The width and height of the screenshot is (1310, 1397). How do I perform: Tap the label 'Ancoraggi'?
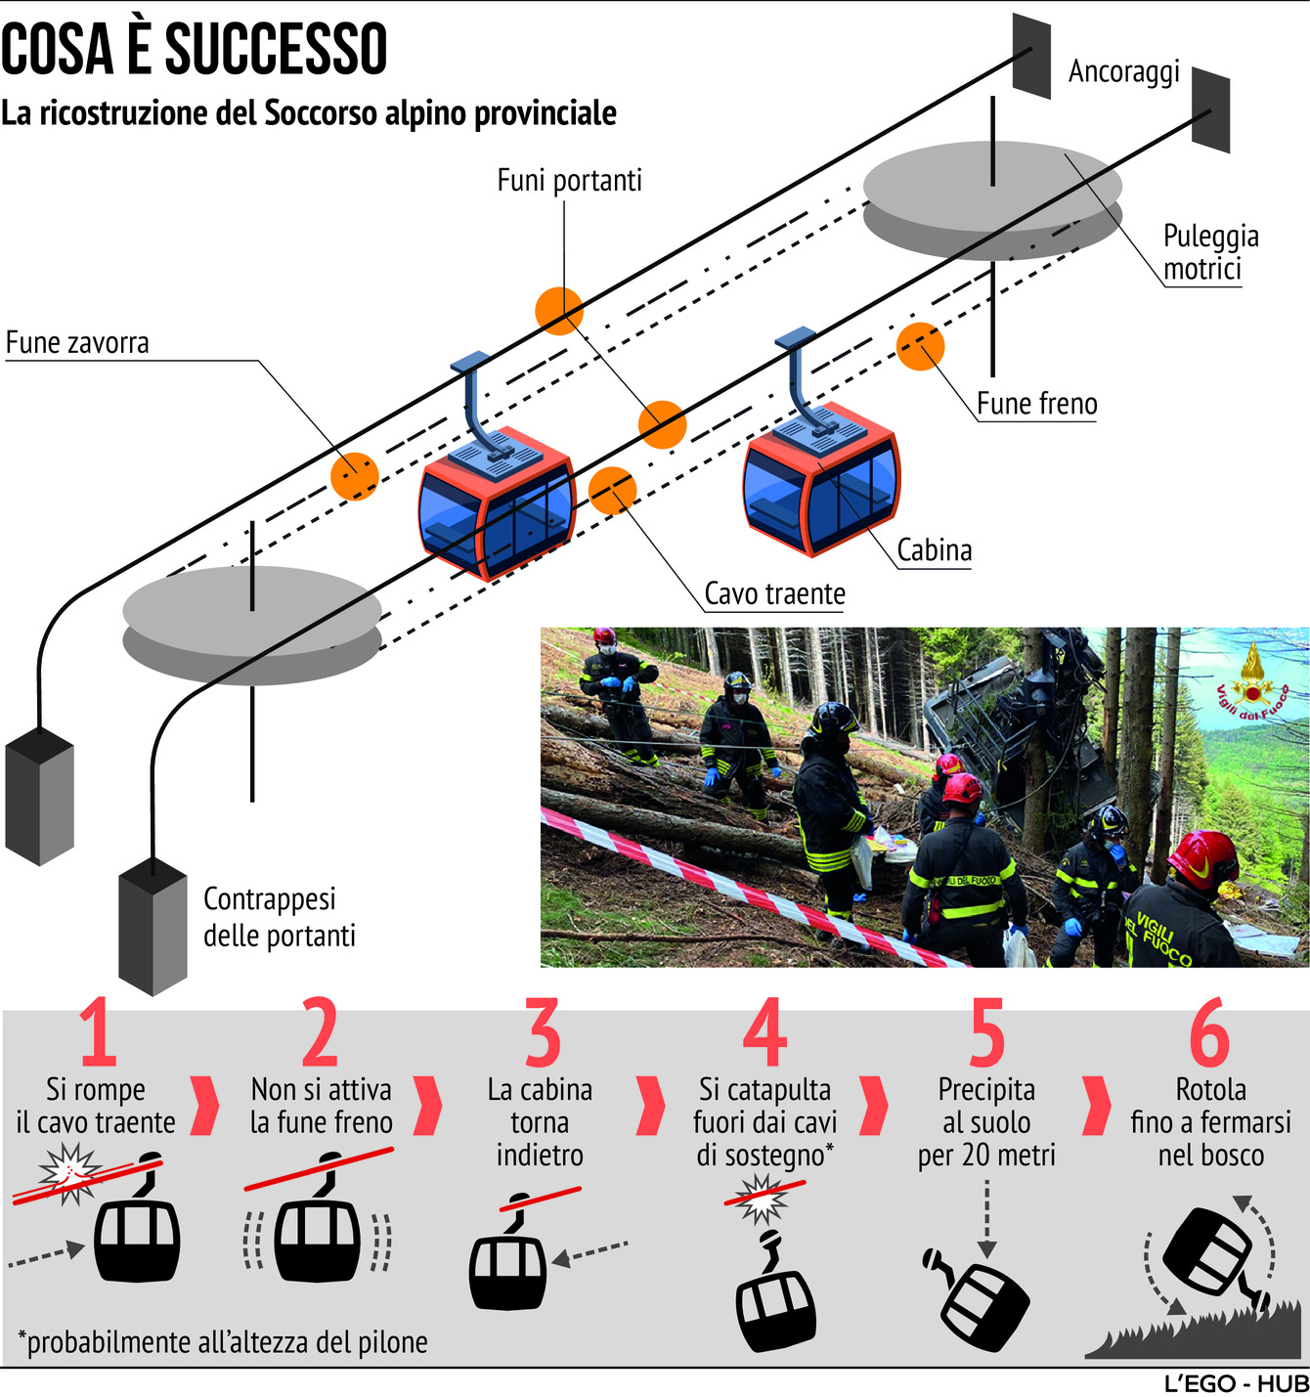1123,71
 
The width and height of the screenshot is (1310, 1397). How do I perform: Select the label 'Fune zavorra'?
77,343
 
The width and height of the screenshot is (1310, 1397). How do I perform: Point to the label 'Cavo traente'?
774,593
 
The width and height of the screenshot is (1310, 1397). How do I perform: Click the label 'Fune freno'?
1036,404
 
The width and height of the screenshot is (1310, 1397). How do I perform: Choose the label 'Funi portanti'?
569,181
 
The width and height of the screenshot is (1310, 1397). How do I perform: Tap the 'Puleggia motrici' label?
1209,252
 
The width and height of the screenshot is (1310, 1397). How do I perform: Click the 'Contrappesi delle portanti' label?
279,917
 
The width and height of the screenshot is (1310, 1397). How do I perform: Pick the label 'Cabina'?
935,550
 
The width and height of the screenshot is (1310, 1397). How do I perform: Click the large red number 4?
764,1033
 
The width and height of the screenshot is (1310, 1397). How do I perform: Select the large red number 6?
1209,1033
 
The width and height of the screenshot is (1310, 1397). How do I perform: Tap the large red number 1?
98,1033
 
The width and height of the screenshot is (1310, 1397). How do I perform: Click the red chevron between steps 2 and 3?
427,1105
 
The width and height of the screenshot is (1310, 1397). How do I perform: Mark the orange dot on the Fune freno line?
920,346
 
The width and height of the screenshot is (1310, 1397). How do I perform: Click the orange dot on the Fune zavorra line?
354,476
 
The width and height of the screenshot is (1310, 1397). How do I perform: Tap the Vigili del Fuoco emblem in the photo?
1251,680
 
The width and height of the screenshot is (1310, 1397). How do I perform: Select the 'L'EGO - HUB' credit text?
1236,1384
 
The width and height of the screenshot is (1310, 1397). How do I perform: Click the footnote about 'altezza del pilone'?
223,1342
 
